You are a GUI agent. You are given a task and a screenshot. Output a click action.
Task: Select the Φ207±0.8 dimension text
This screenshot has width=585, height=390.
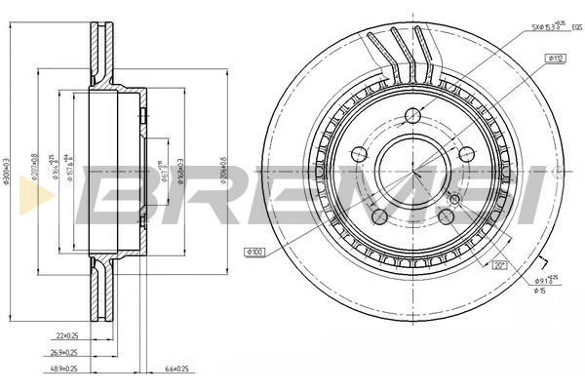[x=35, y=168]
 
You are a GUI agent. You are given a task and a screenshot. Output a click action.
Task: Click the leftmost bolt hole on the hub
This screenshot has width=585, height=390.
[x=357, y=153]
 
